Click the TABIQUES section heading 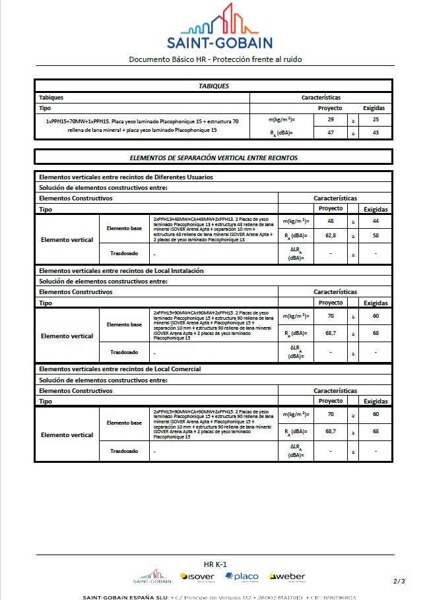pyautogui.click(x=213, y=86)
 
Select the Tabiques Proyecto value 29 pyautogui.click(x=330, y=119)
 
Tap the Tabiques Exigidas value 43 pyautogui.click(x=375, y=133)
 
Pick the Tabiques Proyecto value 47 pyautogui.click(x=330, y=133)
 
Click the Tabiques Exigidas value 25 pyautogui.click(x=375, y=119)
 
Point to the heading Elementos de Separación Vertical pyautogui.click(x=213, y=158)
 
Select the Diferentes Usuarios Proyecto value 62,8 pyautogui.click(x=330, y=235)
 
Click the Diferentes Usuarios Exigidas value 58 pyautogui.click(x=376, y=235)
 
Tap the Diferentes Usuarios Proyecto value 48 pyautogui.click(x=330, y=221)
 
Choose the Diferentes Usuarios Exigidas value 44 pyautogui.click(x=376, y=221)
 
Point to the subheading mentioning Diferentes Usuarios pyautogui.click(x=126, y=177)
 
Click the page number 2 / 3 pyautogui.click(x=399, y=581)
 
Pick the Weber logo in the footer pyautogui.click(x=287, y=577)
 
